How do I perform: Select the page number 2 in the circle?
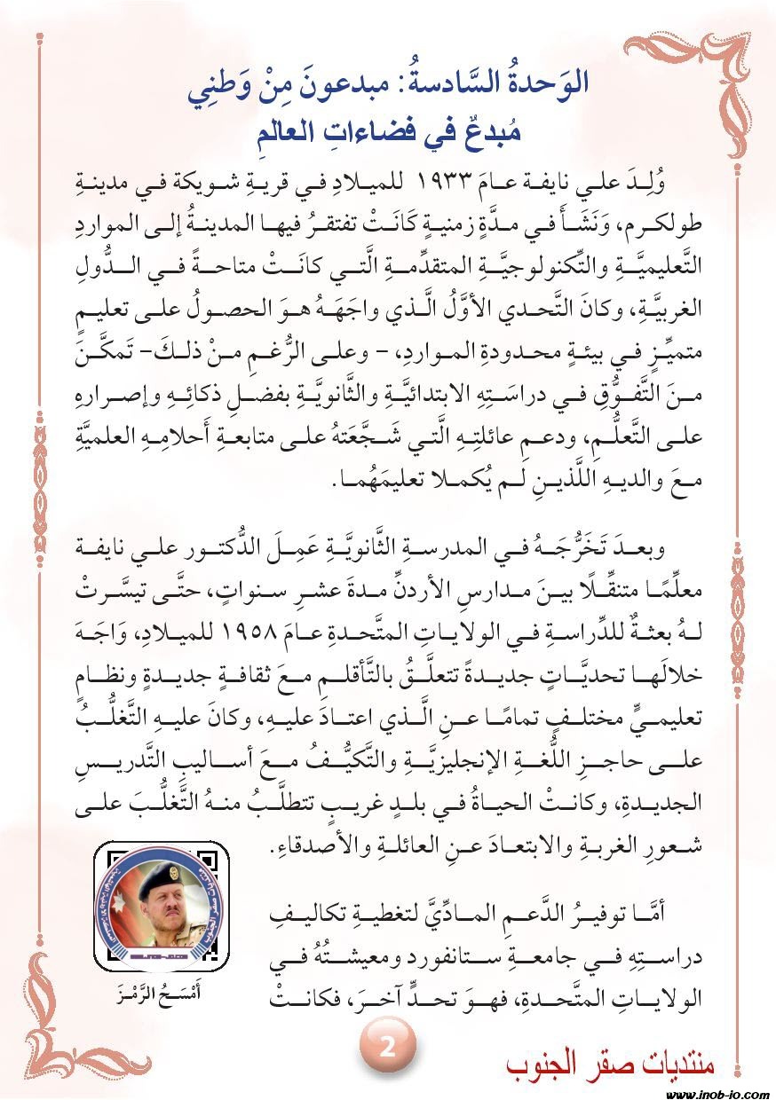point(387,1047)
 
